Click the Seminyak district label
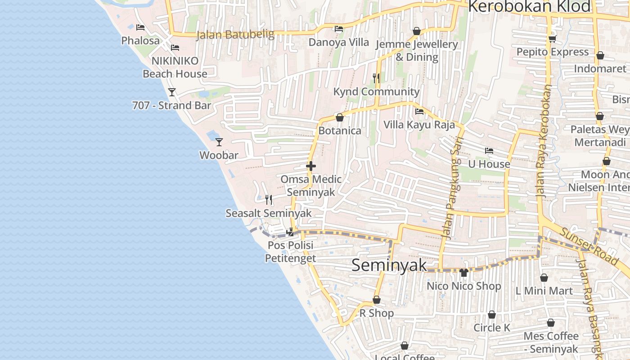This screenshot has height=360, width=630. tap(389, 265)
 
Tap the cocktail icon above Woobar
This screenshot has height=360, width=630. tap(219, 142)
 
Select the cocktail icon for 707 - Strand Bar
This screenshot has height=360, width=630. tap(172, 92)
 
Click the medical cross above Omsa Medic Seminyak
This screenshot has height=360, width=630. tap(310, 166)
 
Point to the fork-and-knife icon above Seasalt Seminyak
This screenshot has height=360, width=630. tap(269, 199)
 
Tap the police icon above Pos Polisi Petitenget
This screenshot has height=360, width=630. tap(290, 232)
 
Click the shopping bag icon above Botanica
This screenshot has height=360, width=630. tap(340, 117)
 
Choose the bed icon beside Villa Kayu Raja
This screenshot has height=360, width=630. tap(419, 112)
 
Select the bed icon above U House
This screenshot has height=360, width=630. tap(489, 151)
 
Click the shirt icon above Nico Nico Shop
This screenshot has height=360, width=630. tap(464, 272)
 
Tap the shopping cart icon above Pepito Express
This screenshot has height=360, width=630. tap(553, 39)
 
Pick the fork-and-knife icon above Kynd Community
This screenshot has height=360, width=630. tap(376, 78)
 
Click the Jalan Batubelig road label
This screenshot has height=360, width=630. tap(235, 35)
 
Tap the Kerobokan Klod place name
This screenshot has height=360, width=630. tap(529, 7)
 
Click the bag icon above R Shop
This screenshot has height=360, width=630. tap(377, 300)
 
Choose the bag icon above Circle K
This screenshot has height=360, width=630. tap(492, 315)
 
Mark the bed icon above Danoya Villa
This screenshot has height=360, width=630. tap(339, 29)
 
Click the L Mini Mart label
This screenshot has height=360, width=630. tap(544, 291)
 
